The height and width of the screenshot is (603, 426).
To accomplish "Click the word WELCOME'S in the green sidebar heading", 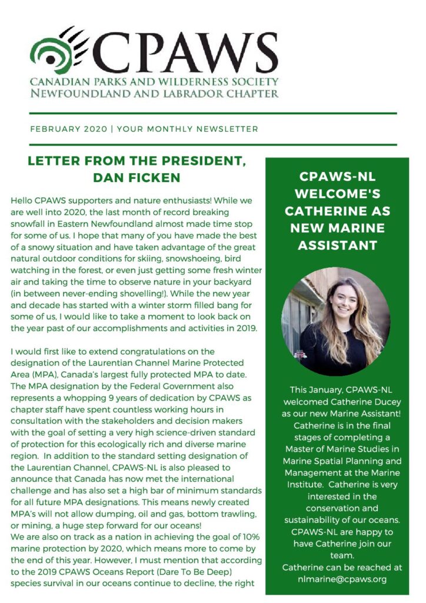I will (x=337, y=194).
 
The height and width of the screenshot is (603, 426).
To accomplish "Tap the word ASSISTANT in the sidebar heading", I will (x=337, y=245).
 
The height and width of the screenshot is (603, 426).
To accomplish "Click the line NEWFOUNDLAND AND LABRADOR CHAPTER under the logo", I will (x=155, y=93).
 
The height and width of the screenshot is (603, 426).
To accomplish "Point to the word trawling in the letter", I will (x=235, y=514).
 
